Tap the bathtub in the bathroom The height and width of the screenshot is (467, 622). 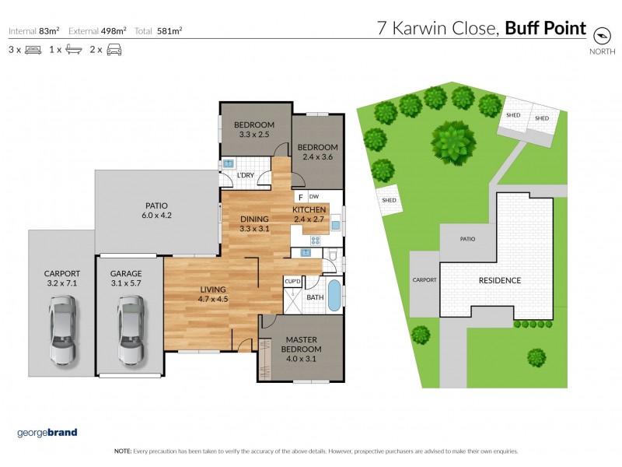coord(334,297)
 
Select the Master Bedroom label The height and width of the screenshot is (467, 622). coord(299,345)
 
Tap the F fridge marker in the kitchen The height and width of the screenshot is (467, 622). coord(300,198)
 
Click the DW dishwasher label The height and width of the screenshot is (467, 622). coord(315,197)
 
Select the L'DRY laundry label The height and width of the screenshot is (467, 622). coord(245,176)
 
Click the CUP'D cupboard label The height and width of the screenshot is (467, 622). coord(293,281)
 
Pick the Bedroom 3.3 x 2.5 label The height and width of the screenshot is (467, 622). coord(253,130)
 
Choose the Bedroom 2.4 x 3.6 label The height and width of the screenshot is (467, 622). coord(317,152)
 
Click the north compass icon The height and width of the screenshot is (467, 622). coord(600,35)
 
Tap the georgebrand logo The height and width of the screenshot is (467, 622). coord(47,433)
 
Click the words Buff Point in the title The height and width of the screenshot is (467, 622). coord(545,30)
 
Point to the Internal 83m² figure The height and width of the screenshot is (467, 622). coord(33,31)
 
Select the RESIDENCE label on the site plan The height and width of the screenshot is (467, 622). coord(499,280)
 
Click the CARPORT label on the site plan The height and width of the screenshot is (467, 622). coord(425,279)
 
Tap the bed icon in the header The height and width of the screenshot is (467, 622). coord(32,50)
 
